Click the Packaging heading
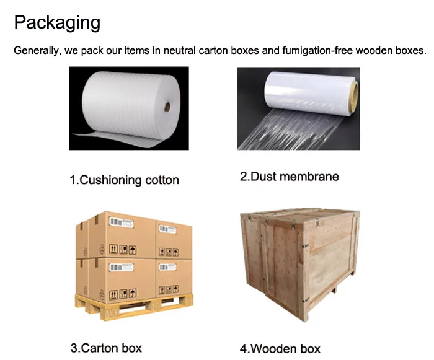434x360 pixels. click(x=56, y=23)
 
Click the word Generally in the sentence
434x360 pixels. click(x=36, y=50)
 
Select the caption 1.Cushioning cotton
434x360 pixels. click(x=124, y=180)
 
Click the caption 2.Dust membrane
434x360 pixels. click(x=290, y=177)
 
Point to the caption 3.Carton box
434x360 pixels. click(x=106, y=348)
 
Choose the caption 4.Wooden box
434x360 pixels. click(x=280, y=348)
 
